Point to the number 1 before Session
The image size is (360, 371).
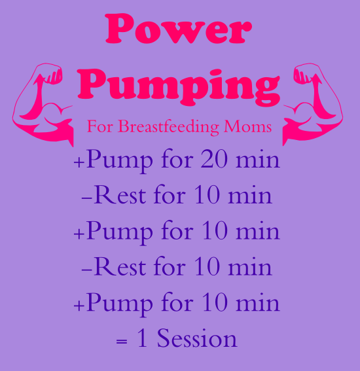[x=142, y=339]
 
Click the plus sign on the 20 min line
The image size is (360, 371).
[x=79, y=162]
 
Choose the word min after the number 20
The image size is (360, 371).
[x=259, y=160]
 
